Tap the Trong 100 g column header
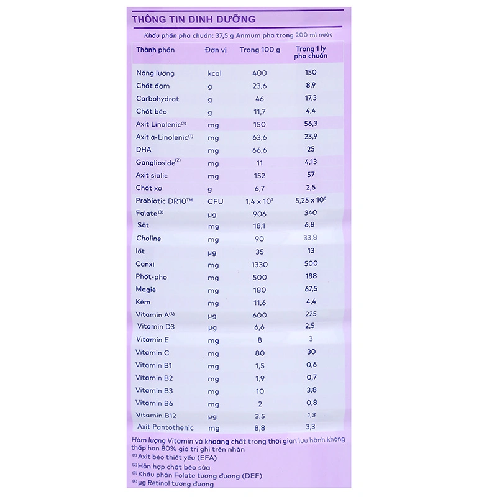[260, 49]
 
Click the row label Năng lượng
[156, 73]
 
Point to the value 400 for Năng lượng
[260, 73]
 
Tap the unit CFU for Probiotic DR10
[216, 201]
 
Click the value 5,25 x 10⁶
[311, 200]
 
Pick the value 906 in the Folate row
[260, 214]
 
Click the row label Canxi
[146, 265]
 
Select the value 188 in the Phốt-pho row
[311, 277]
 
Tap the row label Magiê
[147, 290]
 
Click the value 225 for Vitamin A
[311, 314]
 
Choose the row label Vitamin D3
[155, 327]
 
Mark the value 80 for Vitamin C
[260, 352]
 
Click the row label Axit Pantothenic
[166, 427]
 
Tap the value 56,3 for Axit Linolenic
[311, 124]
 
